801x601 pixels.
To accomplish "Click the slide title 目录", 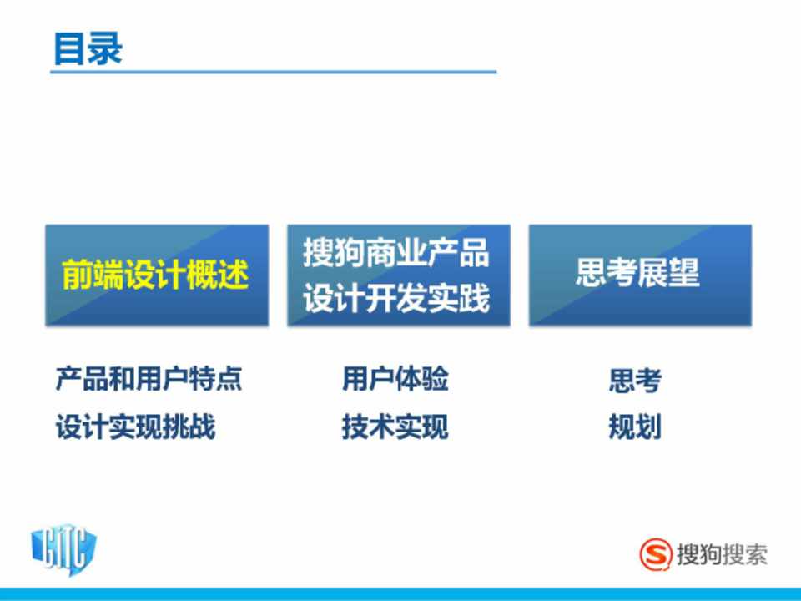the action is coord(88,48).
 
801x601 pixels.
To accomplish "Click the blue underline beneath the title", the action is coord(274,72).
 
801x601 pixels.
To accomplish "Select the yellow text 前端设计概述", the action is coord(155,275).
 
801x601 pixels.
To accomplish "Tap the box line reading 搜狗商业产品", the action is coord(396,252).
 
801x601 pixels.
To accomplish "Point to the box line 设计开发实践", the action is coord(396,298).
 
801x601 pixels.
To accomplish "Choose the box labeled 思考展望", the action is coord(640,275).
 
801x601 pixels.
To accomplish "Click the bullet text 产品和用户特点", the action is coord(149,379).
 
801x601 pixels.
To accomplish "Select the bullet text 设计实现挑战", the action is coord(135,427).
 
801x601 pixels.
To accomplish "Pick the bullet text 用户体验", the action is coord(395,379).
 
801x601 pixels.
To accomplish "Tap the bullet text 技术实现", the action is coord(395,427).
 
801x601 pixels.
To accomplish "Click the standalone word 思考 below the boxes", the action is coord(635,381).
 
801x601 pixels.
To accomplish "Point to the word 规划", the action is coord(635,427).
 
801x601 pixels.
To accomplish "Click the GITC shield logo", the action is coord(64,551).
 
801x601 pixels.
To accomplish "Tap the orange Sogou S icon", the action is coord(656,554).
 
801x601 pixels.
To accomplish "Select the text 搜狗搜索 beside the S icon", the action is coord(722,554).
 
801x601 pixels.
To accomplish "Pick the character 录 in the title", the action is coord(105,48).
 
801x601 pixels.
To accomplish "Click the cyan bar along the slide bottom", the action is coord(400,594).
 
